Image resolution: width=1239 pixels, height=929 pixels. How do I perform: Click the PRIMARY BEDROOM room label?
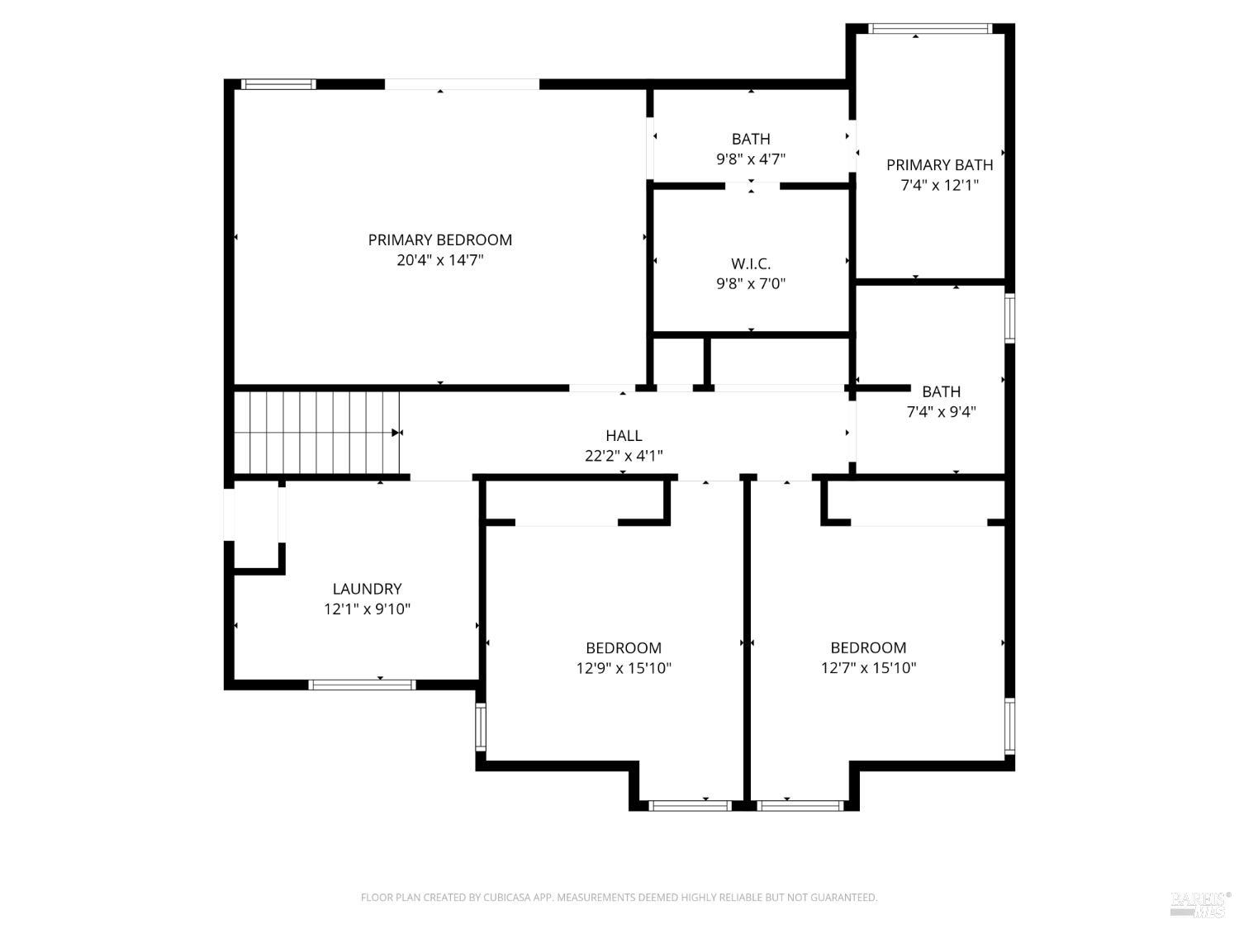point(439,240)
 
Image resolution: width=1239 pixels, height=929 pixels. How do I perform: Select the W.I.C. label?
point(750,264)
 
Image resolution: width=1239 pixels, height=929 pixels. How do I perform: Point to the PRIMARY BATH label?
point(939,165)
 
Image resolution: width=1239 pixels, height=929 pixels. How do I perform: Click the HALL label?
point(624,436)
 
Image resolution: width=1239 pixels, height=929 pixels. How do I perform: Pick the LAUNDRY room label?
point(367,590)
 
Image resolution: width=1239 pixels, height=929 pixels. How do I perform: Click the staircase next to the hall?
point(316,433)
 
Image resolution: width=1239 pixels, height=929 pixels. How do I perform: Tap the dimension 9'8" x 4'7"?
point(750,159)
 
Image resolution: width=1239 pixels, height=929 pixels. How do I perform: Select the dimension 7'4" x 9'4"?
point(941,412)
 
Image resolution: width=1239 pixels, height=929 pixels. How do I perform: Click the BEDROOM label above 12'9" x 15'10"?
point(624,648)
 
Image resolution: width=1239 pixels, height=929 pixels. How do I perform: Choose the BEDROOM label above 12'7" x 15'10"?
point(868,648)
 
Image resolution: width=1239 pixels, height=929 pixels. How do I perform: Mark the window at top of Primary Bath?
point(930,29)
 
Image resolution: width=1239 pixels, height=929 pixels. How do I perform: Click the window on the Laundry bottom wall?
point(362,685)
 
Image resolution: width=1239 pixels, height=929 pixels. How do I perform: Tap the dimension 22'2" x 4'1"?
point(624,456)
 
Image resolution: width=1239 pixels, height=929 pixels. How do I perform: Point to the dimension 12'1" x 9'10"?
point(367,609)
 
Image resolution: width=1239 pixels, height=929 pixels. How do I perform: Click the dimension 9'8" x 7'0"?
point(750,284)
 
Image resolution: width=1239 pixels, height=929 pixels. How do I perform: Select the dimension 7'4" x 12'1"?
point(939,185)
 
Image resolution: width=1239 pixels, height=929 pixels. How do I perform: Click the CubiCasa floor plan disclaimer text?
point(619,898)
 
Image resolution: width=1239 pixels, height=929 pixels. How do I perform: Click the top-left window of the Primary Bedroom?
point(278,84)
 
